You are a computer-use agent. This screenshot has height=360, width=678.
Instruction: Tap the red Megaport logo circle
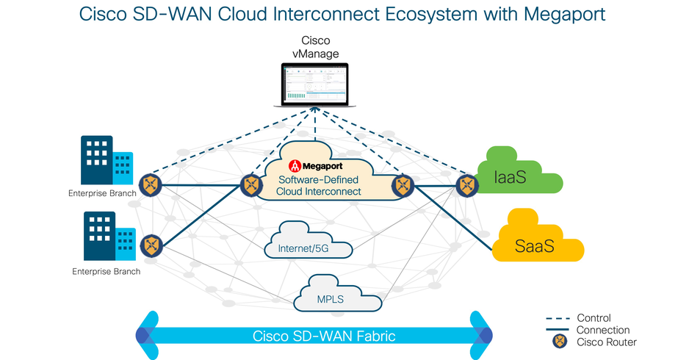pyautogui.click(x=295, y=165)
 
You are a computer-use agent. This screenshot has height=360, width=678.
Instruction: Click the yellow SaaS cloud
pyautogui.click(x=537, y=241)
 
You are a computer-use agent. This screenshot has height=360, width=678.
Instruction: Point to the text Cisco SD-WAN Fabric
pyautogui.click(x=324, y=336)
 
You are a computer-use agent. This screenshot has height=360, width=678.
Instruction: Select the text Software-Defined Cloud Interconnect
pyautogui.click(x=318, y=185)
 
